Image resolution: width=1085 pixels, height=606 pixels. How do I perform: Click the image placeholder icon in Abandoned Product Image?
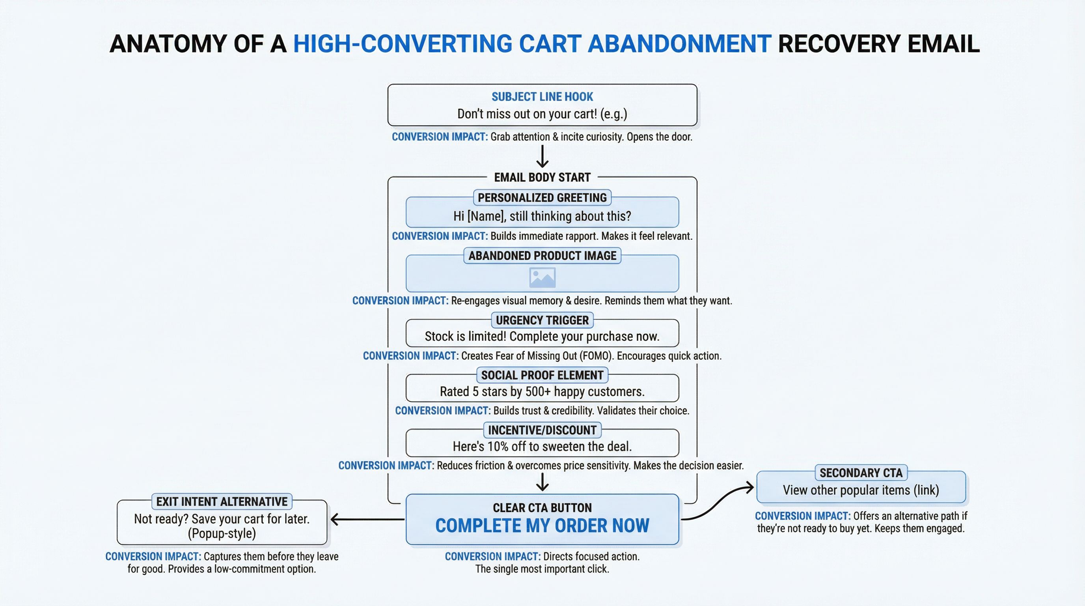pos(542,278)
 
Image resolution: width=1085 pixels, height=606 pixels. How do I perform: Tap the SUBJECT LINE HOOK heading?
pos(542,97)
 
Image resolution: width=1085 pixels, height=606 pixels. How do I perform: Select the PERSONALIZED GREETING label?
pos(542,198)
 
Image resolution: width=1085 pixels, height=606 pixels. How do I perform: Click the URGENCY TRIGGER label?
pos(542,320)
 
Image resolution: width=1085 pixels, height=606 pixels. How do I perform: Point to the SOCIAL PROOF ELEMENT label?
pos(542,375)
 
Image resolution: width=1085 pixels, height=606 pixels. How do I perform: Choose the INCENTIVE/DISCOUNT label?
pos(542,430)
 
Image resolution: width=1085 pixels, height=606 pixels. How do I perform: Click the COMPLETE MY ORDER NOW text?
pos(542,526)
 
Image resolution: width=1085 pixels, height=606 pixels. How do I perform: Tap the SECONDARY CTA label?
pos(861,473)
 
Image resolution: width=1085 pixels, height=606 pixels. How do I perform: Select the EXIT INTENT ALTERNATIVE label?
pos(222,501)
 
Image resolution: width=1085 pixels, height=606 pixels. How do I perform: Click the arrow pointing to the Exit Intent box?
pos(366,519)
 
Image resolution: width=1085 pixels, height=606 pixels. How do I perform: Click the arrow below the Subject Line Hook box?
pos(542,157)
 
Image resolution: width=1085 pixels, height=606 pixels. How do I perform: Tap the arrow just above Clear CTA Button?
pos(542,482)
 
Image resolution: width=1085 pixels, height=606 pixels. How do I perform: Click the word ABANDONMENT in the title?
pos(679,44)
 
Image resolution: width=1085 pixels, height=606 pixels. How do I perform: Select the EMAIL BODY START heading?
pos(542,178)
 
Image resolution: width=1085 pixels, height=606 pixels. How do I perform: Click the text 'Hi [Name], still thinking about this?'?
pos(542,216)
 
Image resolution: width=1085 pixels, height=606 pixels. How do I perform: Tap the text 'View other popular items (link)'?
pos(861,490)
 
